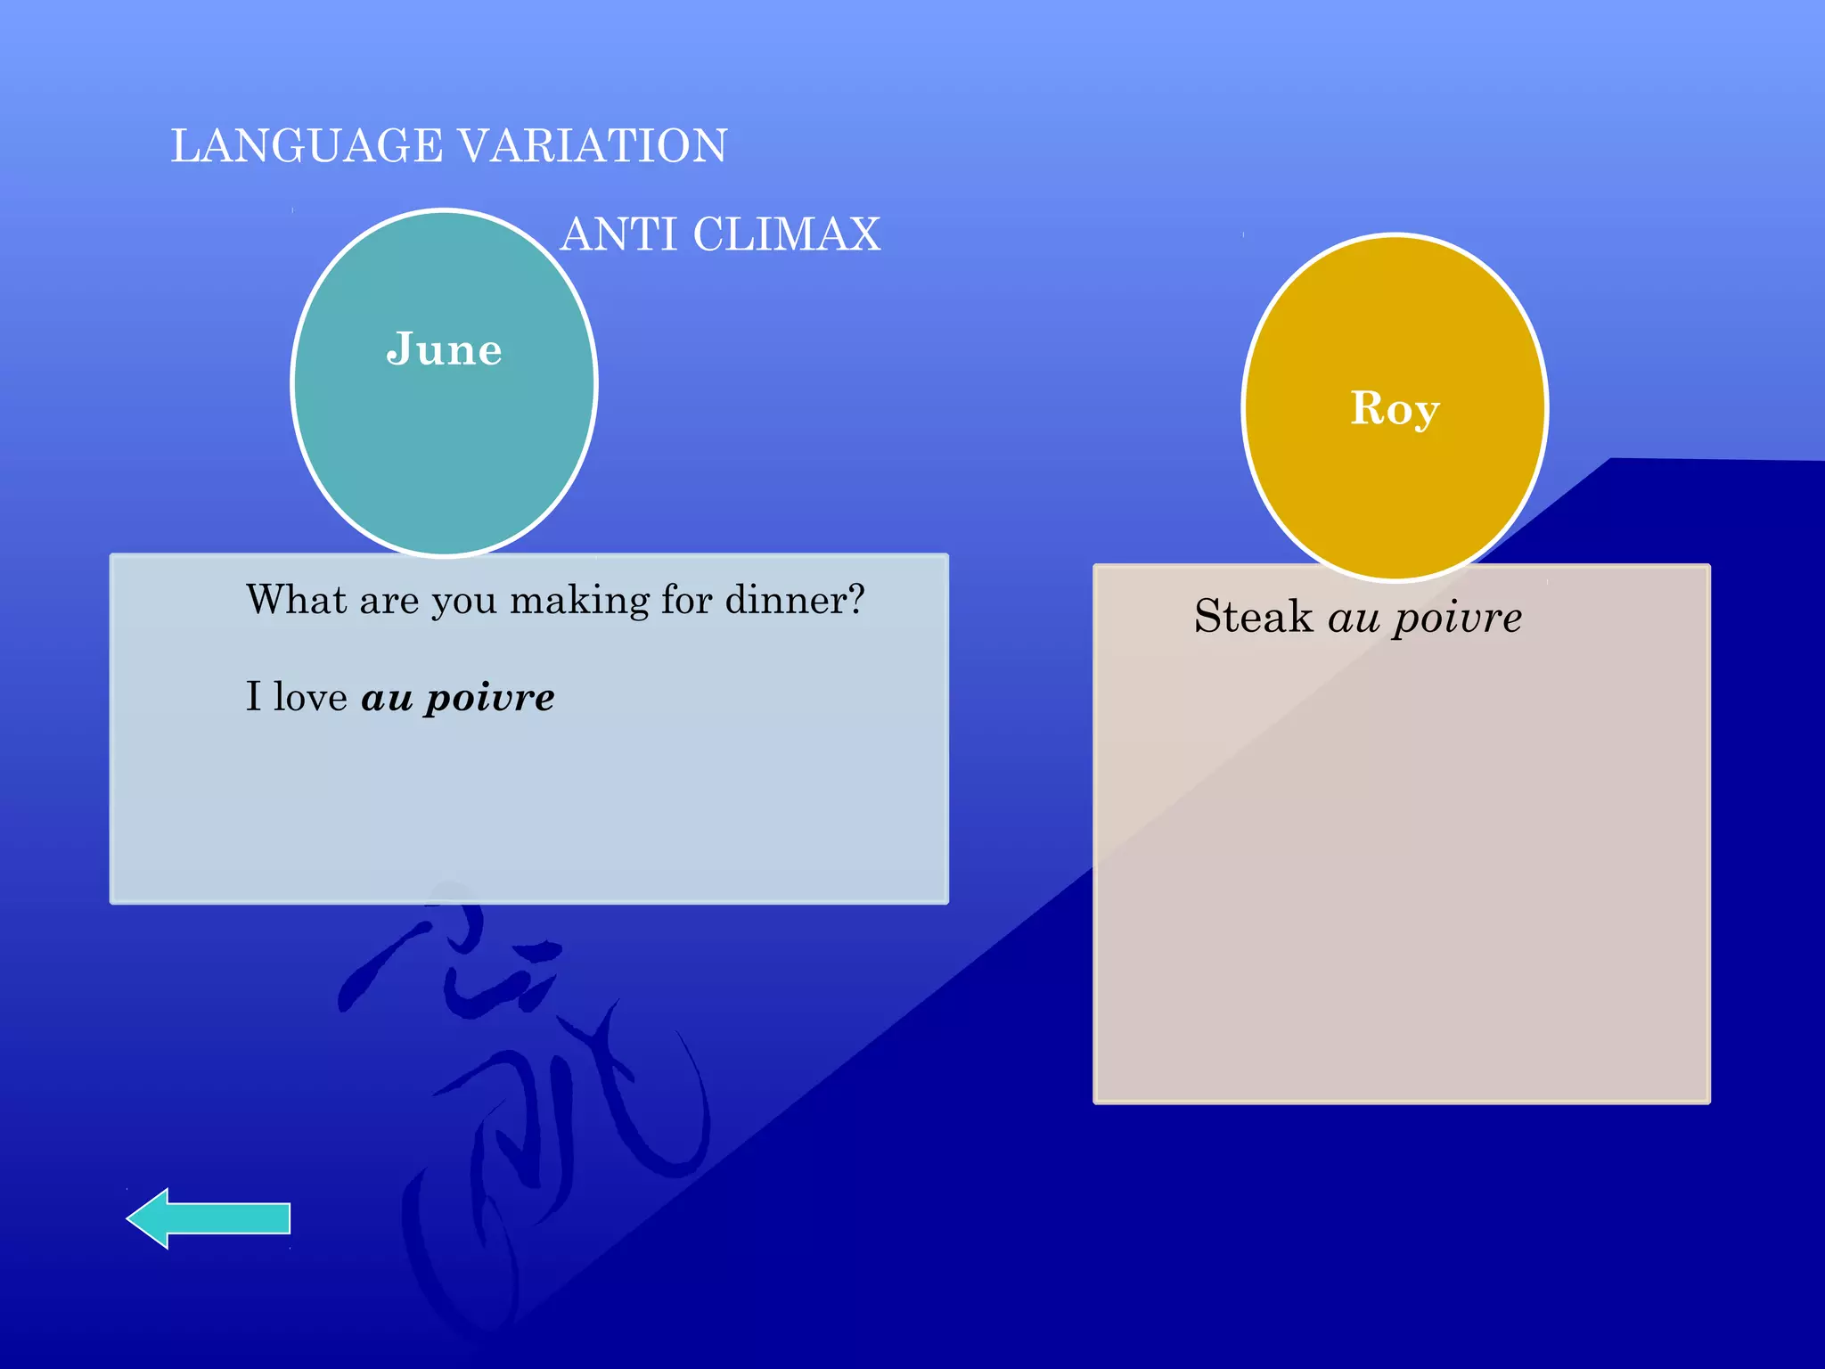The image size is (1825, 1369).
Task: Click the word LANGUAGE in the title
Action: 307,146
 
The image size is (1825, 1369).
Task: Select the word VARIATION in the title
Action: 592,146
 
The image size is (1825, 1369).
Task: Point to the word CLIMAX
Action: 787,235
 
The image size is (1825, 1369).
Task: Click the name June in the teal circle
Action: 444,349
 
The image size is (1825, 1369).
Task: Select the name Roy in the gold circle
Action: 1395,409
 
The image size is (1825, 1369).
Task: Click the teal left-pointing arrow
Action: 209,1218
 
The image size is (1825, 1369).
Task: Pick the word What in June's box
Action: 296,600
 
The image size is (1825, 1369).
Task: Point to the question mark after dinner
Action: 855,600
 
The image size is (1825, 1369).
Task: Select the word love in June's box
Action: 310,697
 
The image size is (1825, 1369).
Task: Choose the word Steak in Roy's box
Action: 1254,617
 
